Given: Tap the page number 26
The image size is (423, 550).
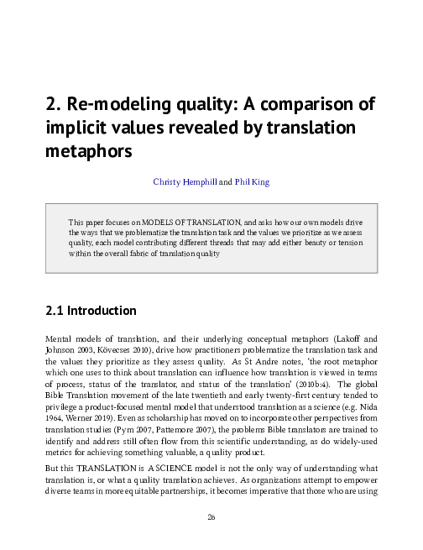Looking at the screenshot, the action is pyautogui.click(x=211, y=516).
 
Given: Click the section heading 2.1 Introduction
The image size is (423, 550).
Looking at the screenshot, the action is pyautogui.click(x=91, y=311).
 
